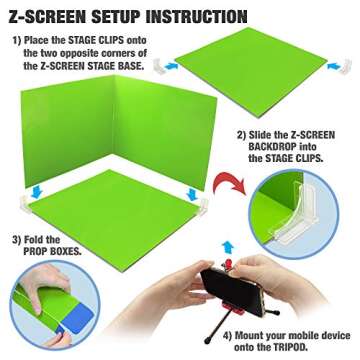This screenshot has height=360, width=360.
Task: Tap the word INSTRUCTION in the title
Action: tap(197, 16)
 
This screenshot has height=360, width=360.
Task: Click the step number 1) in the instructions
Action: tap(17, 41)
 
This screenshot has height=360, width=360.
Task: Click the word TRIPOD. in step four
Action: tap(289, 347)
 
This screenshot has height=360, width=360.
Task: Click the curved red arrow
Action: tap(229, 183)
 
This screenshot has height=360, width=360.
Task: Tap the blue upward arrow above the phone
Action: tap(228, 247)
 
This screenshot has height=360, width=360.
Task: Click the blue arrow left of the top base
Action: tap(171, 66)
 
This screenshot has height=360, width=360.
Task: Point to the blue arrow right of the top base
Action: tap(334, 66)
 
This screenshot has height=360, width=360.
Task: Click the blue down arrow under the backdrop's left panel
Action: tap(36, 192)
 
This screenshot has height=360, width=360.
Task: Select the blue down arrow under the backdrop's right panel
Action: tap(192, 194)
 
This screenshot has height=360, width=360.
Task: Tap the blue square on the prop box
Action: tap(77, 318)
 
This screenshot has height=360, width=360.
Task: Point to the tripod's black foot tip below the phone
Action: tap(207, 340)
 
